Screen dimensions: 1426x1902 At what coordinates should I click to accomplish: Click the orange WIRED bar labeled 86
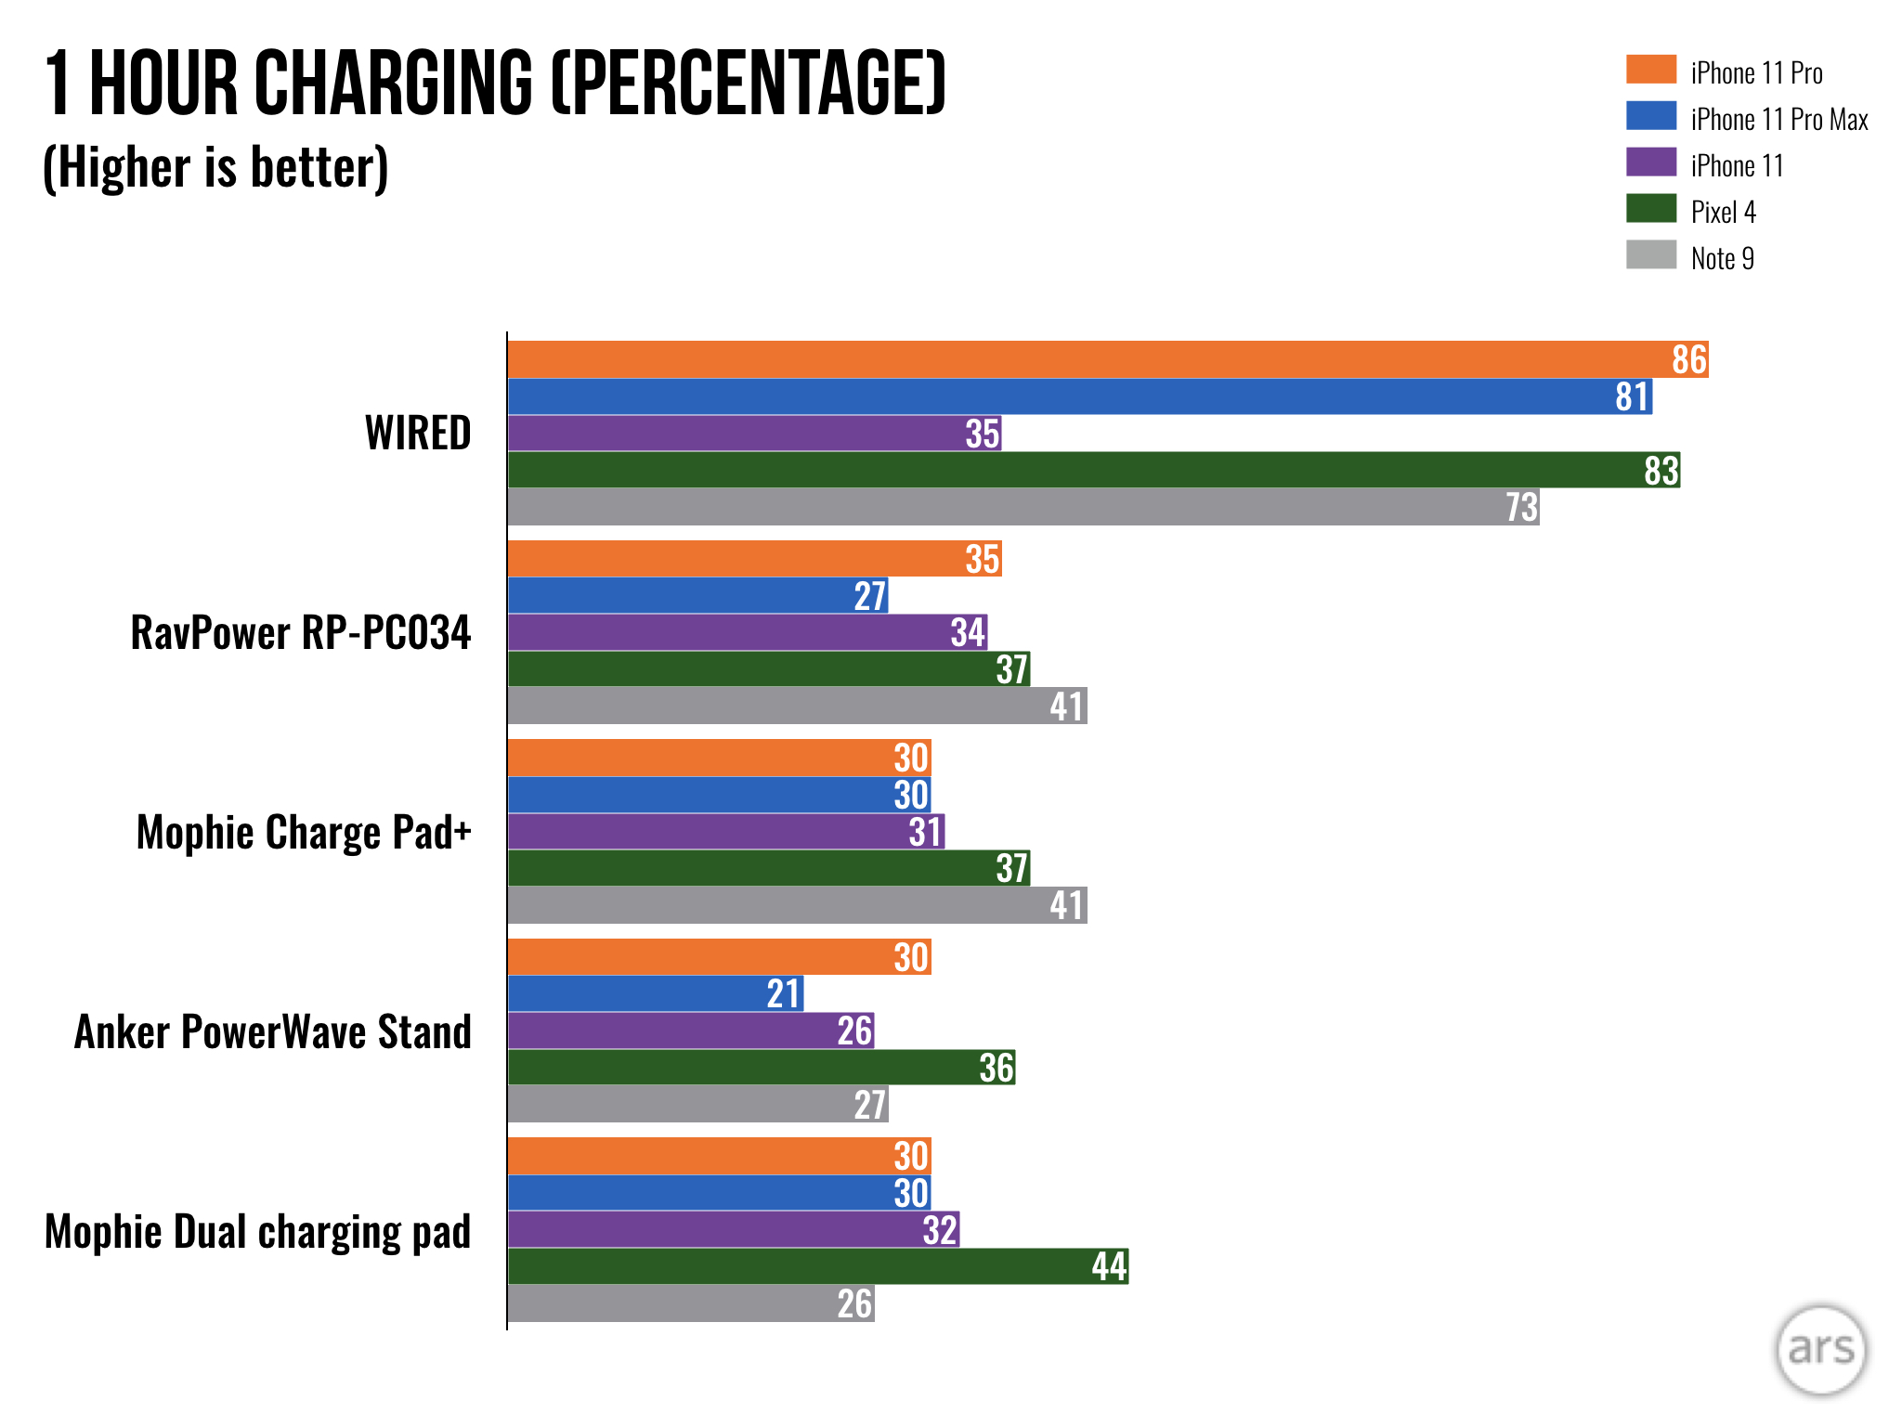[1105, 359]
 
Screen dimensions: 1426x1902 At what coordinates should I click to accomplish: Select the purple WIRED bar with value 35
[752, 434]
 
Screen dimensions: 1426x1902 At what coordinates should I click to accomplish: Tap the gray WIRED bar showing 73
[1022, 507]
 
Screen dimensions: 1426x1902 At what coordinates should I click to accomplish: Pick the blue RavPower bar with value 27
[697, 595]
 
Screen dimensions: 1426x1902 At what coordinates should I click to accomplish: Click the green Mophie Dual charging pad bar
[817, 1266]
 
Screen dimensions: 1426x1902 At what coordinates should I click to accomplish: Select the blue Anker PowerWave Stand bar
[655, 993]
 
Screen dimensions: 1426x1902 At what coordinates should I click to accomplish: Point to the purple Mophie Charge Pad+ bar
[724, 831]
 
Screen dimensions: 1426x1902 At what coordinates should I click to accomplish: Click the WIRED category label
[418, 433]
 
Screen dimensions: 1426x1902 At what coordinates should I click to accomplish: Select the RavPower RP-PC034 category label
[301, 632]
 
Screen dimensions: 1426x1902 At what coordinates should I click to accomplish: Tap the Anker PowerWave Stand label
[273, 1031]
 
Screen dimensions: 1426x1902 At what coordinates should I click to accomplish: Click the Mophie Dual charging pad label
[258, 1231]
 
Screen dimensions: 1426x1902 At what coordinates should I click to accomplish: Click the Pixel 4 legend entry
[1723, 212]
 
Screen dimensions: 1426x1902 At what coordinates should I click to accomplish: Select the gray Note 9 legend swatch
[1651, 254]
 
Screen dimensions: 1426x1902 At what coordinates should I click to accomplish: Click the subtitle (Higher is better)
[215, 168]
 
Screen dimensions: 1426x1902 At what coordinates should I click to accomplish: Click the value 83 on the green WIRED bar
[1661, 471]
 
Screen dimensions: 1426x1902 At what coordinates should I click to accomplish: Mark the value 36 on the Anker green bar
[996, 1068]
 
